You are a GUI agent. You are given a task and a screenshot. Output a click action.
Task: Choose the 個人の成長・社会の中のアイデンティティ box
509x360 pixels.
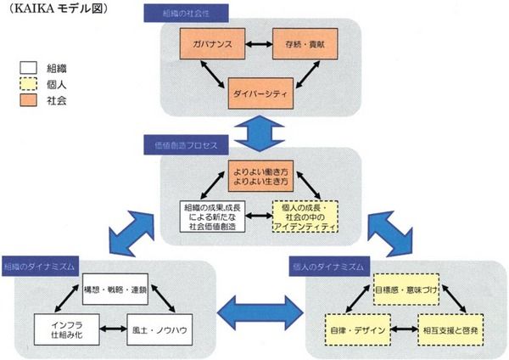click(x=304, y=217)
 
